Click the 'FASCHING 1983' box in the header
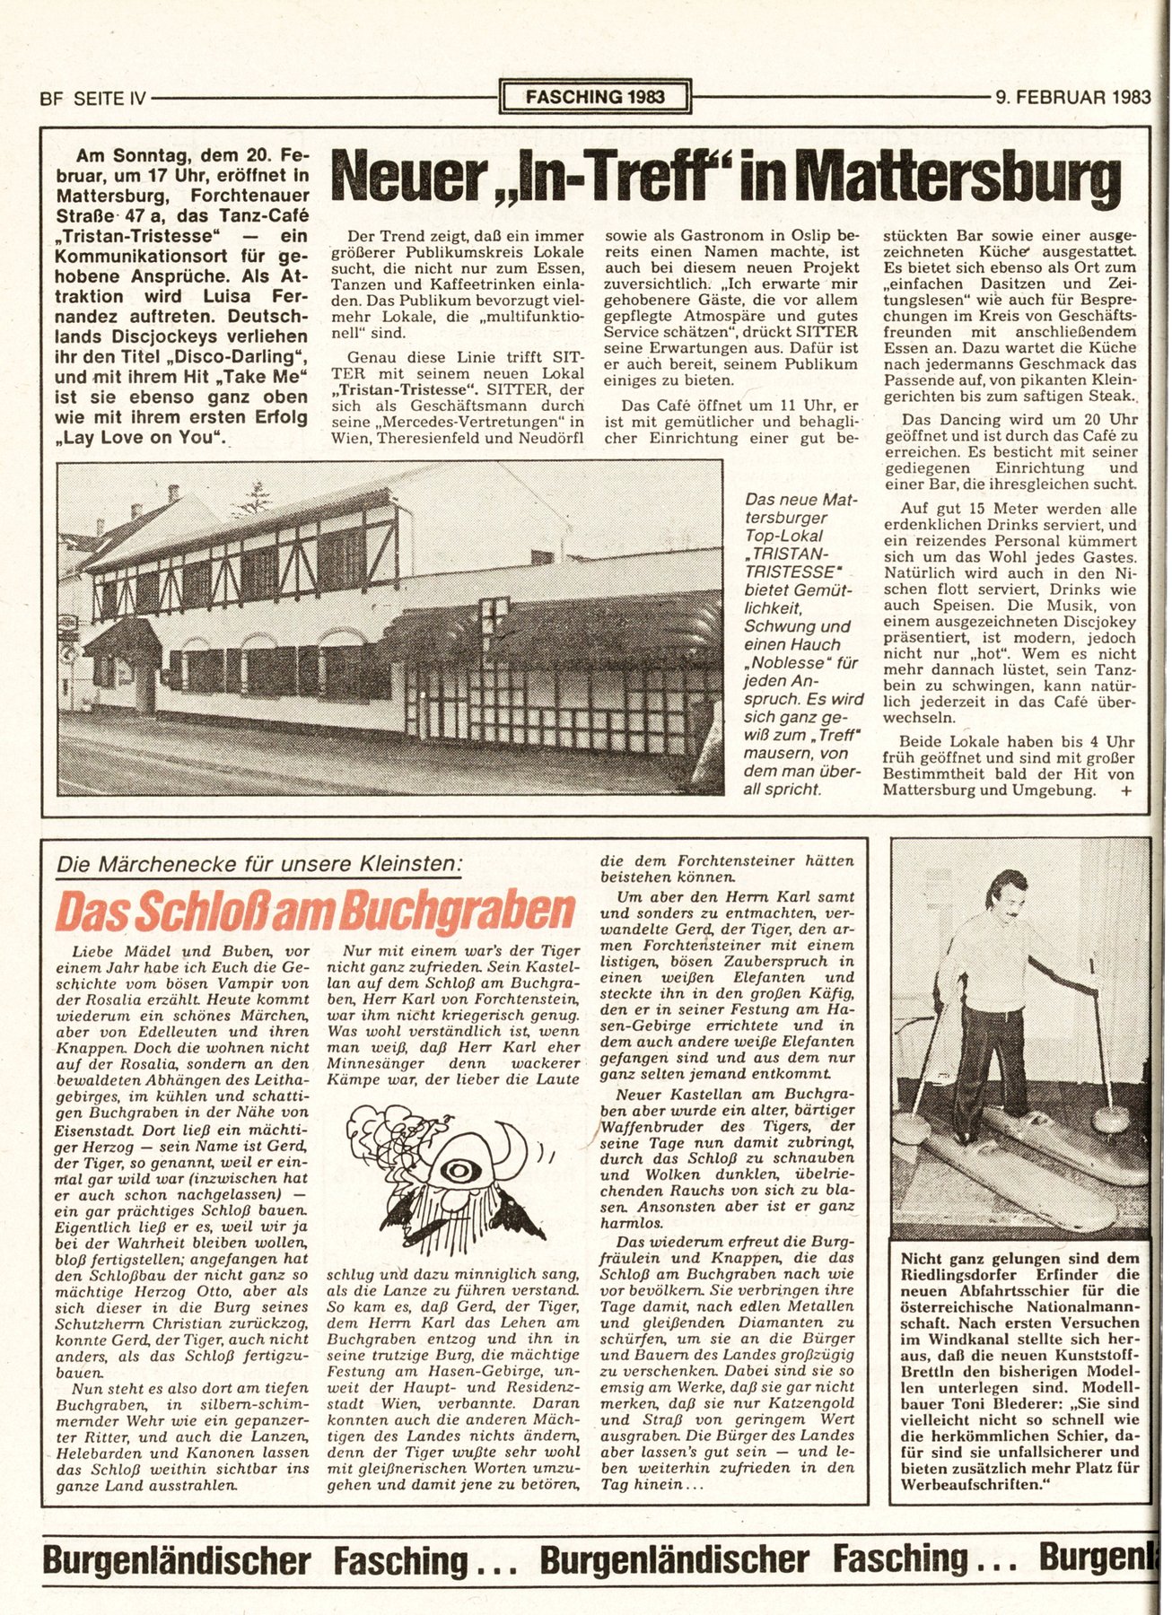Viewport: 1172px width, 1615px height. (x=595, y=96)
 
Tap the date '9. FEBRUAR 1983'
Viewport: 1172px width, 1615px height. (x=1072, y=97)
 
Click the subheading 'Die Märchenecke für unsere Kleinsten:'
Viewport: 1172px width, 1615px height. (x=259, y=864)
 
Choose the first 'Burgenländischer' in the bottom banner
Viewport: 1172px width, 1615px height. (x=176, y=1560)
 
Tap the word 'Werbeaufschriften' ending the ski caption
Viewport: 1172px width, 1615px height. (x=971, y=1485)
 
